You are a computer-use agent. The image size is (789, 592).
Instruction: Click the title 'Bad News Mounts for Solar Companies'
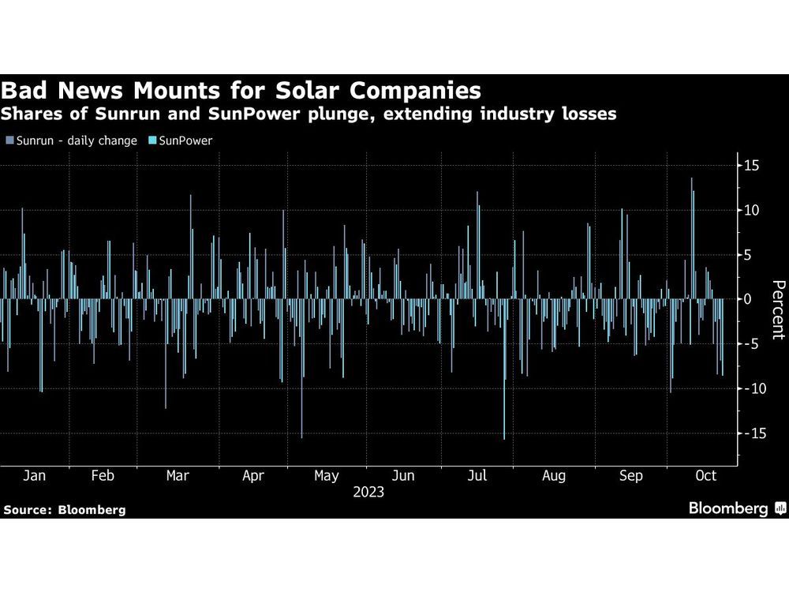click(x=241, y=89)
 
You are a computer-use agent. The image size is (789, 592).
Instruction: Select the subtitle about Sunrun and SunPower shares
click(x=308, y=115)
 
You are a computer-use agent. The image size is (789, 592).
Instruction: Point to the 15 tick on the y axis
click(x=750, y=166)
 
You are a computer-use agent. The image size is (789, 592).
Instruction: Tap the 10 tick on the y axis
click(x=750, y=211)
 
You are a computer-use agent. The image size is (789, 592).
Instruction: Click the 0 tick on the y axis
click(x=753, y=299)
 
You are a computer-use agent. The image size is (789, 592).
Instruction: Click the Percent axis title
click(x=778, y=309)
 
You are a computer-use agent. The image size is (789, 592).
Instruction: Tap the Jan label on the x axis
click(x=34, y=476)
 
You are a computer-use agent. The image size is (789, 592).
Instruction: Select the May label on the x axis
click(x=326, y=476)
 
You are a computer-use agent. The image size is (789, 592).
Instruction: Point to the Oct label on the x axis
click(x=705, y=476)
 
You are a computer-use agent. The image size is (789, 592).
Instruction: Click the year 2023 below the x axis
click(x=368, y=492)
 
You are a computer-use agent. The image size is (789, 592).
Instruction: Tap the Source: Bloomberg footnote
click(x=65, y=510)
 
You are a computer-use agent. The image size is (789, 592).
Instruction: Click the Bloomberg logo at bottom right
click(x=735, y=509)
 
